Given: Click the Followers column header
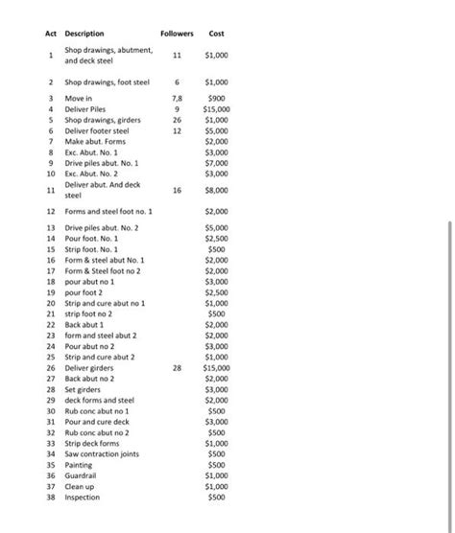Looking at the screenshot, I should point(176,34).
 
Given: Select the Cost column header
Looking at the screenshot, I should point(217,34).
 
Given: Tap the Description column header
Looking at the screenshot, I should point(84,34).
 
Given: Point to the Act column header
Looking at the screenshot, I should point(51,34).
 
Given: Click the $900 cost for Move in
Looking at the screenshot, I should point(218,98).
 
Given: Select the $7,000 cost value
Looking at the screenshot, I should point(216,162).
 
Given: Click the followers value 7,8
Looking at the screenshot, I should point(176,98).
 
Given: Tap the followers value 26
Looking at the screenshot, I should point(176,120).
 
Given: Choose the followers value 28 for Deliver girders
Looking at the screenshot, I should point(176,367).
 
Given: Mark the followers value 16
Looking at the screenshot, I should point(176,190).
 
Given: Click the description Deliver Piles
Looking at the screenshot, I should point(87,109).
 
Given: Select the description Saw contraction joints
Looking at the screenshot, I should point(102,453).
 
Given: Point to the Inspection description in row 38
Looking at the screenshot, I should point(84,498).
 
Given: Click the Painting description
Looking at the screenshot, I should point(80,465).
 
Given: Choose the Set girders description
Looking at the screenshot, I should point(84,389).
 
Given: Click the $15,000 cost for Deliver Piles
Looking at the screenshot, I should point(216,109).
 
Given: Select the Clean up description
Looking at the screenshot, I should point(81,487).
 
